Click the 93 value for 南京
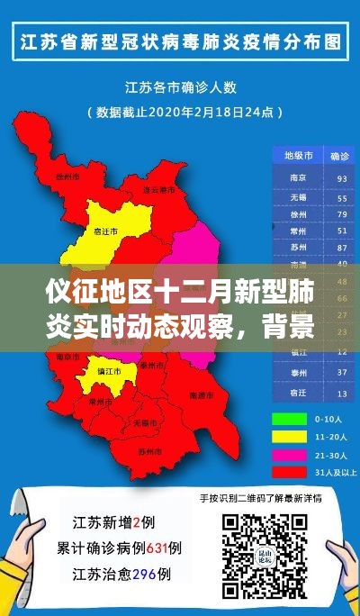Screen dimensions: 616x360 click(341, 178)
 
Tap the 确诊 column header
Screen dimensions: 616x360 click(341, 155)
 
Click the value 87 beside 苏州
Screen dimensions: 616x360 click(341, 247)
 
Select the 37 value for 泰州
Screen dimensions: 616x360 click(341, 376)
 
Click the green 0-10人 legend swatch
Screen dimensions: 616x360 click(286, 419)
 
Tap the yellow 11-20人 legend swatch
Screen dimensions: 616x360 click(286, 437)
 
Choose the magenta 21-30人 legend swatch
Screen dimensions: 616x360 click(286, 455)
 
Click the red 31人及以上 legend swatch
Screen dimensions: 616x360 click(286, 472)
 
